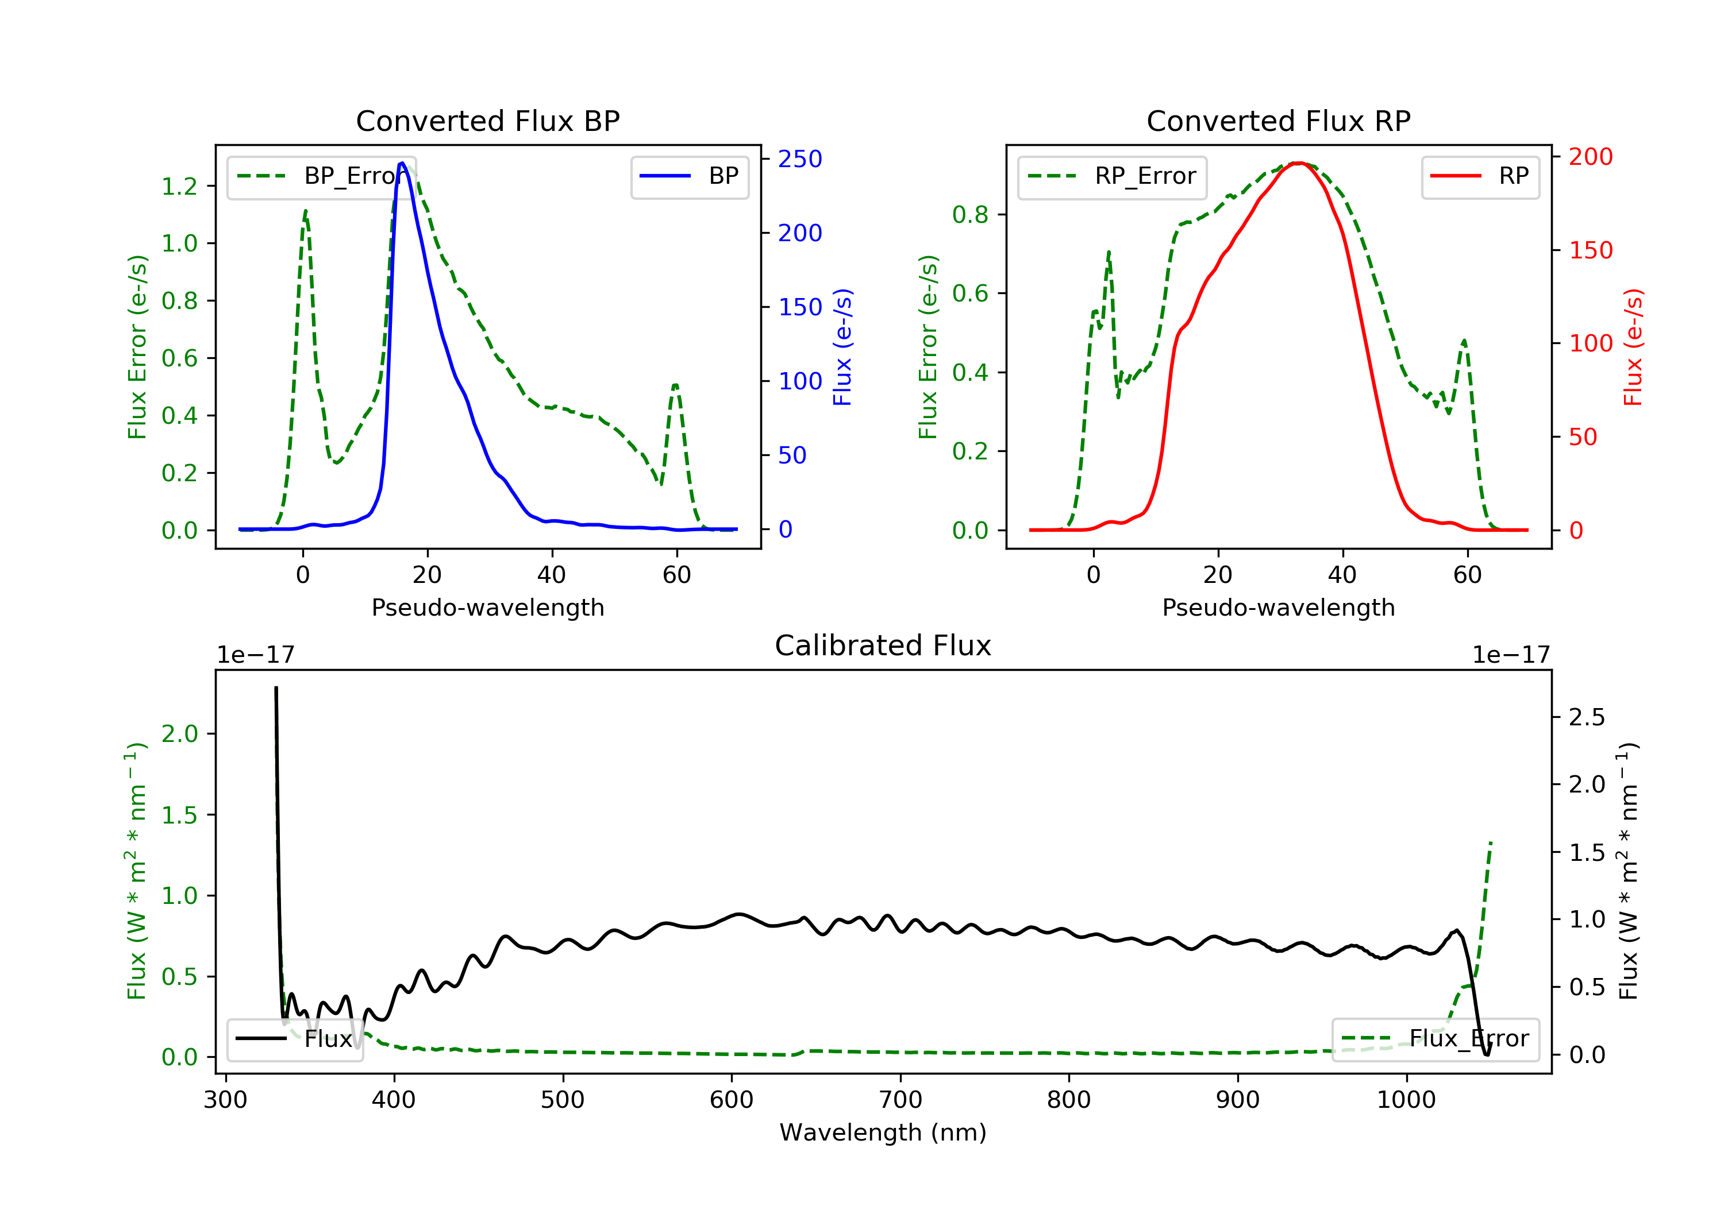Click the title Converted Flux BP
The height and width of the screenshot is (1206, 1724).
487,121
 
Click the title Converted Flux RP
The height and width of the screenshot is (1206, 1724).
1278,121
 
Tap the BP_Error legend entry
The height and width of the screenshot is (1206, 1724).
321,176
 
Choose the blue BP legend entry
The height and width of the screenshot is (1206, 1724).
689,176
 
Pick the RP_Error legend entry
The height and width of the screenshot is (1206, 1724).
1111,176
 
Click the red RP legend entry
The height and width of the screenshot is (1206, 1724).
1480,176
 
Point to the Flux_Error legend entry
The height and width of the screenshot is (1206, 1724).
1435,1039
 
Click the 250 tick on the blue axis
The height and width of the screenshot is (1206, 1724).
800,159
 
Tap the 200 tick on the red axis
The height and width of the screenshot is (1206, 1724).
1590,157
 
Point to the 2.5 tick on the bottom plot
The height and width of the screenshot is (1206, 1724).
1587,717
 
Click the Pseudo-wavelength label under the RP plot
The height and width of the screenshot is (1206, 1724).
1278,607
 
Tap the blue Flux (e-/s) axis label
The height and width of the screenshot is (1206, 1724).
842,347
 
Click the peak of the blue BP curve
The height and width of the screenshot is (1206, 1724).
402,163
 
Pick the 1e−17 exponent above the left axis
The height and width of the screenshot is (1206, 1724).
255,655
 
